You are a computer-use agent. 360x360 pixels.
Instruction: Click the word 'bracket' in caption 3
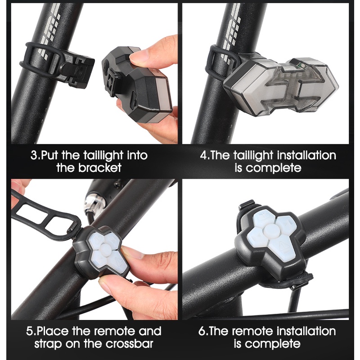coord(99,167)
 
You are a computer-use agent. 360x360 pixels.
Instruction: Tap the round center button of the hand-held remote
coord(105,249)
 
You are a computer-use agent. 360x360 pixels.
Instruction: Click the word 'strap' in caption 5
coord(48,344)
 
